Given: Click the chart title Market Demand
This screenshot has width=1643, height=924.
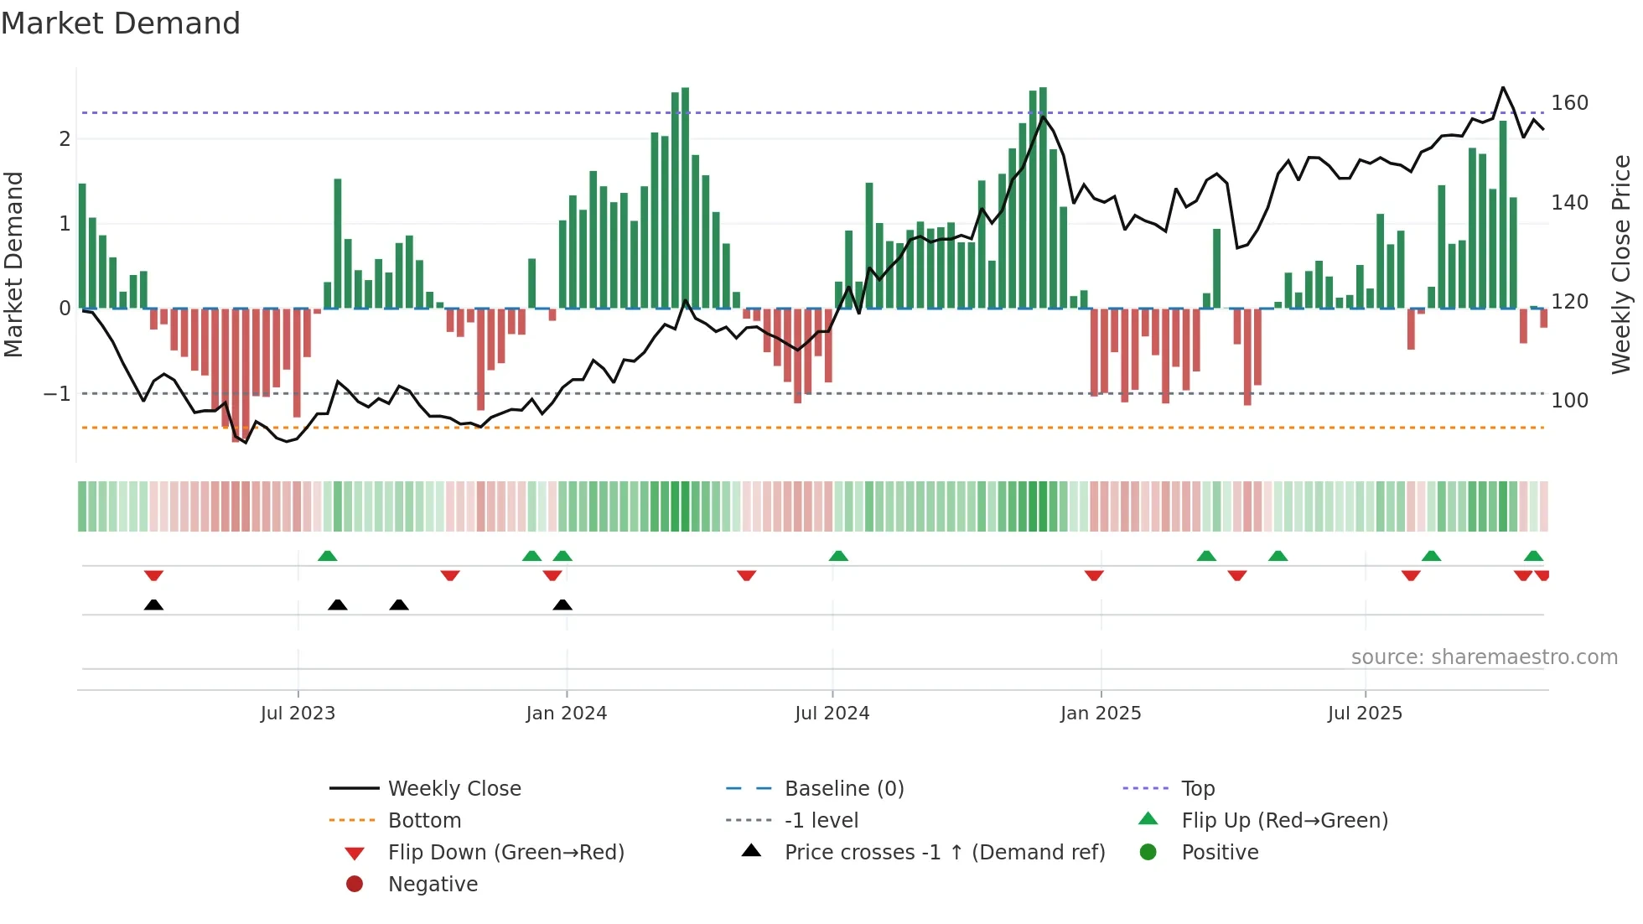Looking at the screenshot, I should point(121,23).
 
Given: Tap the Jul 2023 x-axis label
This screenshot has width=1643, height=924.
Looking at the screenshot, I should point(298,714).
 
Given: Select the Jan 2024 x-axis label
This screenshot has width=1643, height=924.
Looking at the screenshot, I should point(566,714).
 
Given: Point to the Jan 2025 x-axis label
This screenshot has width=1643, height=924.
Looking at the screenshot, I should point(1100,714).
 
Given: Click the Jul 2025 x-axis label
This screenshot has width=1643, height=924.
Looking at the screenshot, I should point(1365,714).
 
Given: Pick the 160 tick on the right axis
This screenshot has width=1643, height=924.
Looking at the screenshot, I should point(1569,103).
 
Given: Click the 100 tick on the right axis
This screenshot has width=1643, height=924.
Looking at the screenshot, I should point(1569,401).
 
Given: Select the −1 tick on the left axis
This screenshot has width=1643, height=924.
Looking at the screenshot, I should point(57,394).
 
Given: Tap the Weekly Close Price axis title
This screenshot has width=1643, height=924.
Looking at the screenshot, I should point(1621,264).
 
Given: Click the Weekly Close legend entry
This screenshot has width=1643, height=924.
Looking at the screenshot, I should point(454,789).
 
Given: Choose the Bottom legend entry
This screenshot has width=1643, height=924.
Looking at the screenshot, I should point(424,821).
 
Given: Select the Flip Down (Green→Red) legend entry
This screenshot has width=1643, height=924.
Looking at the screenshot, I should point(505,853).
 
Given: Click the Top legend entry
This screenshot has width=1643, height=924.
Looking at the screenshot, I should point(1197,789).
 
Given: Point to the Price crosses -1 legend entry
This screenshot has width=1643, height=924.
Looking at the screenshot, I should point(944,853).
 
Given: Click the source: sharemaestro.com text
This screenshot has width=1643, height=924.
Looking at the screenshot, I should point(1484,657).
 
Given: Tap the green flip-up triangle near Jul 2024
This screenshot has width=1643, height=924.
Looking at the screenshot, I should point(838,556).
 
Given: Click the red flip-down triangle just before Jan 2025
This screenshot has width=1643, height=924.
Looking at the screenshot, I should point(1094,575).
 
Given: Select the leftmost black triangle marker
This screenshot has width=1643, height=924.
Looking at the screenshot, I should point(153,605).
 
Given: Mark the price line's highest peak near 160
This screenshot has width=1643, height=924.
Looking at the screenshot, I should point(1503,87).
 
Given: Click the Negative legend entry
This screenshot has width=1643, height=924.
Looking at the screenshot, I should point(433,885).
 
